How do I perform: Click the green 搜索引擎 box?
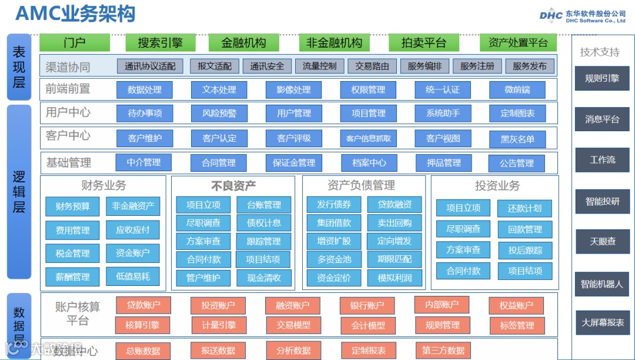pyautogui.click(x=160, y=42)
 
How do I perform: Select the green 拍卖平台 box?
pyautogui.click(x=423, y=42)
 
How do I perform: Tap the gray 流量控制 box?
pyautogui.click(x=319, y=66)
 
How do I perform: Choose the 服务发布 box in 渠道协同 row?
pyautogui.click(x=529, y=66)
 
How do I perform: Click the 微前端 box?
pyautogui.click(x=517, y=89)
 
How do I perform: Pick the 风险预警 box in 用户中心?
pyautogui.click(x=219, y=113)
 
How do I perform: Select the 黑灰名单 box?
pyautogui.click(x=517, y=139)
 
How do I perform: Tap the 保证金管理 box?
pyautogui.click(x=294, y=163)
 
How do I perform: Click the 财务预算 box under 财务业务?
pyautogui.click(x=72, y=206)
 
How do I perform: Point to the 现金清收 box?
pyautogui.click(x=263, y=278)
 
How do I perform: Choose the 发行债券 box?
pyautogui.click(x=333, y=205)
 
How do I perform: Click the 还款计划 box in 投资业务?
pyautogui.click(x=524, y=208)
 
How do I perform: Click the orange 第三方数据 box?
pyautogui.click(x=443, y=351)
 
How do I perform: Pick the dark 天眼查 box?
pyautogui.click(x=602, y=242)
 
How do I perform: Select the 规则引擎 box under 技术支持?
pyautogui.click(x=602, y=78)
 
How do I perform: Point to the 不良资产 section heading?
pyautogui.click(x=233, y=186)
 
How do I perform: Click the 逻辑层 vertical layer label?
pyautogui.click(x=19, y=191)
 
